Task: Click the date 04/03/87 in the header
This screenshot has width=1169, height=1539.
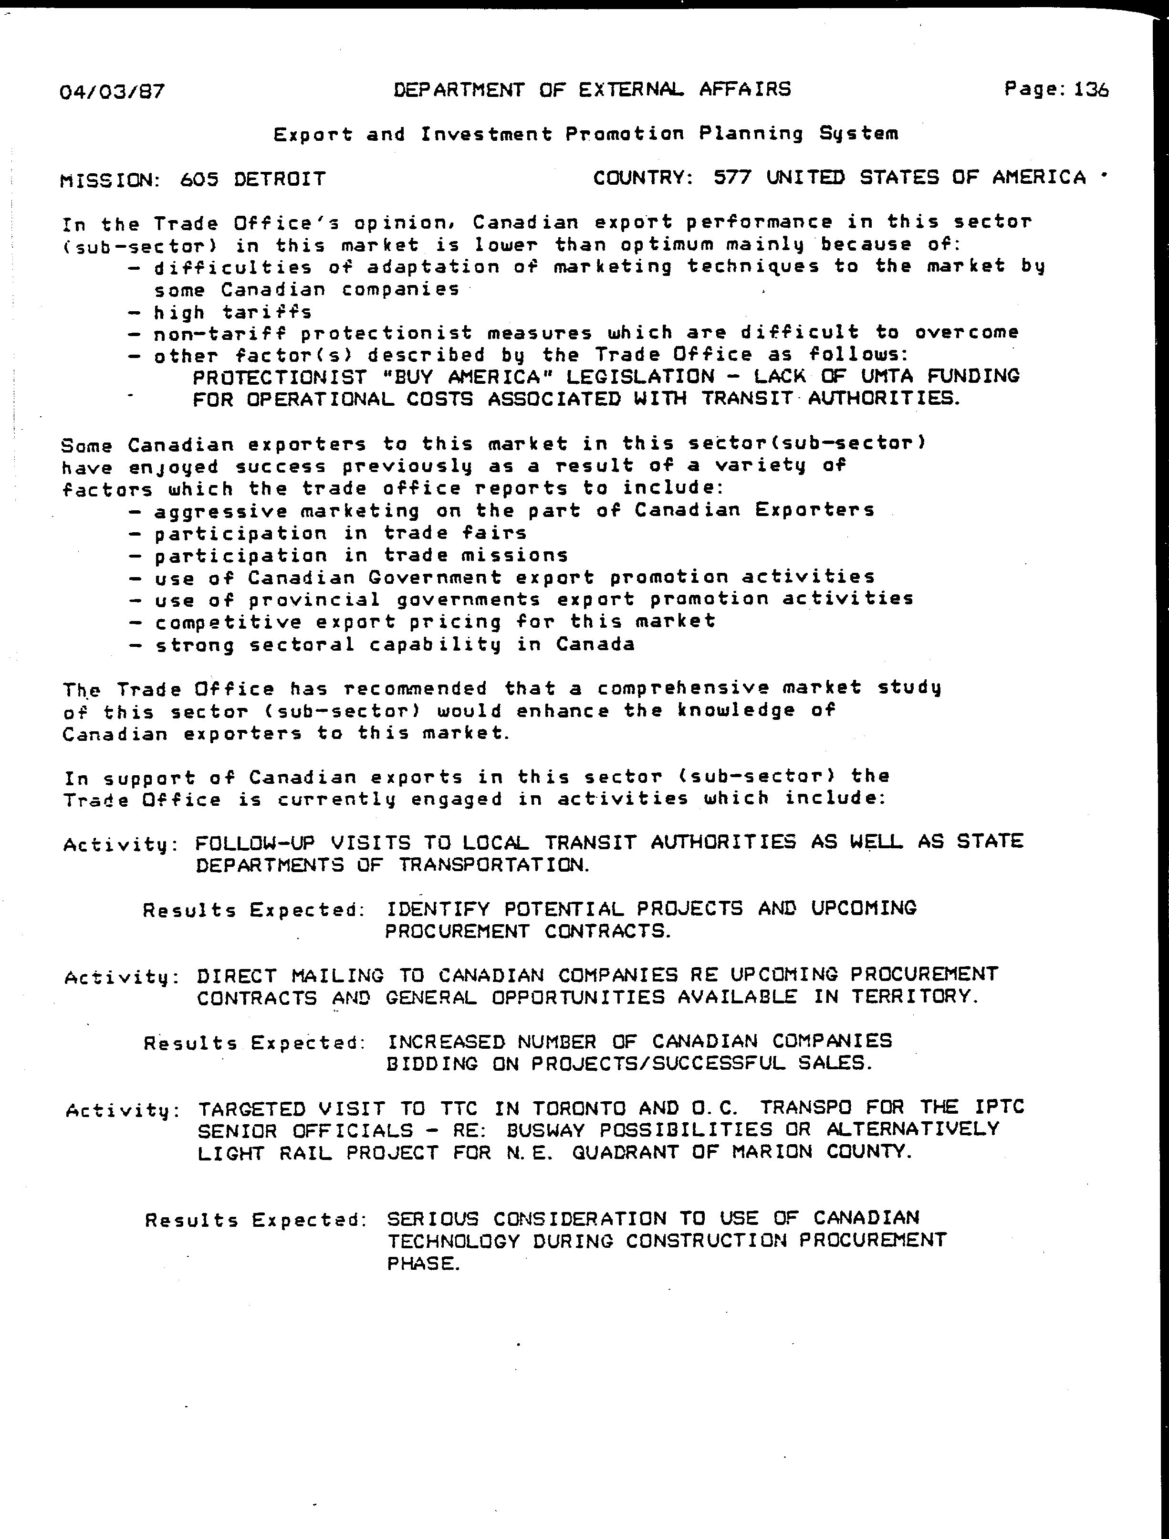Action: tap(112, 91)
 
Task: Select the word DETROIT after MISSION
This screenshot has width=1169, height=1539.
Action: tap(280, 179)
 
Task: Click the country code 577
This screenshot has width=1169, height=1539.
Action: tap(732, 178)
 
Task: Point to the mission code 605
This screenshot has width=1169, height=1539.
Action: tap(199, 179)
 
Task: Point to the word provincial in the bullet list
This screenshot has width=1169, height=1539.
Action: tap(314, 599)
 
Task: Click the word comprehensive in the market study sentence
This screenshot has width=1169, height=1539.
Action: tap(683, 688)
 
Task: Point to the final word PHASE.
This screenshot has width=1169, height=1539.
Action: tap(423, 1264)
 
